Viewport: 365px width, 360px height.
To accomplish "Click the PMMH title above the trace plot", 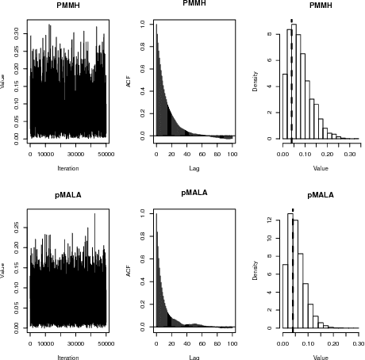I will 67,6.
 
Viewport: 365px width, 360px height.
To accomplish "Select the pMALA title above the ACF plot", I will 194,193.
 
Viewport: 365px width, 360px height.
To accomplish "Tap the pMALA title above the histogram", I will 321,195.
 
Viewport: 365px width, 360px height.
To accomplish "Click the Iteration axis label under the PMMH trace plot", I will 67,168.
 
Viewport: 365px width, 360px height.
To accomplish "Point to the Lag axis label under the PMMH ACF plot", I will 194,168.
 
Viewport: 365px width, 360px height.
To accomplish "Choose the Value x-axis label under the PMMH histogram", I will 321,168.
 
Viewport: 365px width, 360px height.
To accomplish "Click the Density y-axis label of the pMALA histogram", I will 255,270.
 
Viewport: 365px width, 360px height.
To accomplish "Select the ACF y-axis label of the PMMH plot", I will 129,81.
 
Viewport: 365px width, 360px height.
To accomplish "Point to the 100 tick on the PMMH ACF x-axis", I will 232,155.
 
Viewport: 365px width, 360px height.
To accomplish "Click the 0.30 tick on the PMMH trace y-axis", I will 17,33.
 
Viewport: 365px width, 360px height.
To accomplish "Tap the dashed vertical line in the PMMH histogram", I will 292,79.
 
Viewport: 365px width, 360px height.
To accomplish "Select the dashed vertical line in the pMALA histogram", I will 293,270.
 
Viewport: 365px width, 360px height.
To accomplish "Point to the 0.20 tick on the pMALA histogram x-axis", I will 332,344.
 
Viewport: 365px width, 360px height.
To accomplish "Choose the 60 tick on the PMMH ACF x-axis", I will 202,155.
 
